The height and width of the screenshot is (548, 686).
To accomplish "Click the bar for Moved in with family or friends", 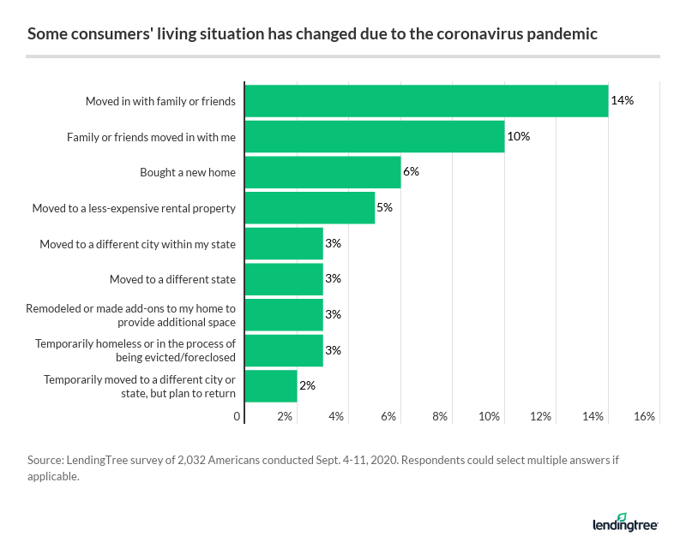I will click(427, 101).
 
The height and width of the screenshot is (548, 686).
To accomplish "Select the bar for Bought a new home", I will click(323, 172).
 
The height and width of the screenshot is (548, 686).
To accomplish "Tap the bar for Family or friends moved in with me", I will click(375, 137).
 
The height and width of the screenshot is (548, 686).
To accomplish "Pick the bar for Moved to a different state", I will click(285, 279).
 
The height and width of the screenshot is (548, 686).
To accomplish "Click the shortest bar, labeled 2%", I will click(272, 385).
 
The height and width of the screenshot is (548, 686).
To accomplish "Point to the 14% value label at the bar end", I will click(622, 101).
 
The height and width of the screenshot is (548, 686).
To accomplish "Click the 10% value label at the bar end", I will click(519, 137).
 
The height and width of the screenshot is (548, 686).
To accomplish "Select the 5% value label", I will click(384, 208).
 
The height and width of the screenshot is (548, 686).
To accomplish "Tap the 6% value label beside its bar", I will click(411, 172).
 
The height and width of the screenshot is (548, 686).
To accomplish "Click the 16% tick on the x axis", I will click(645, 417).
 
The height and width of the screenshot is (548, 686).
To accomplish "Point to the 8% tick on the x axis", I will click(440, 417).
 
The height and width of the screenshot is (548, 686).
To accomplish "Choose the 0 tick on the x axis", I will click(238, 417).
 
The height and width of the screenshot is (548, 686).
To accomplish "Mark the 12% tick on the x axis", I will click(542, 417).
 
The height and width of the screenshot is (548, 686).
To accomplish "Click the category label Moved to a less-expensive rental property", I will click(134, 208).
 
